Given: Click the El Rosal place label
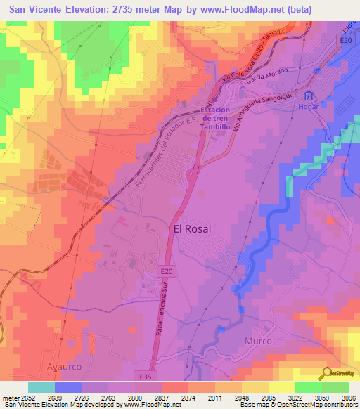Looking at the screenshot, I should (201, 228).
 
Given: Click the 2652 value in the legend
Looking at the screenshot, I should (28, 398).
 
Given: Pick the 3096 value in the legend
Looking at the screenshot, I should (348, 398).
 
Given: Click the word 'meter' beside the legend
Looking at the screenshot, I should (10, 398).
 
